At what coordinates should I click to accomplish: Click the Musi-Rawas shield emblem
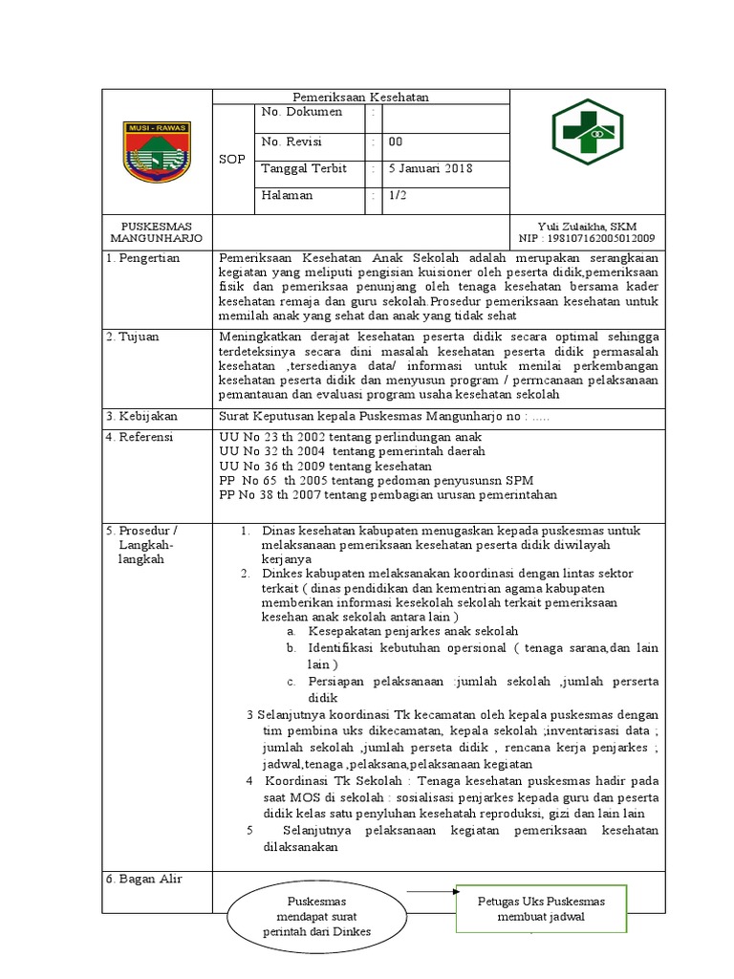[x=157, y=151]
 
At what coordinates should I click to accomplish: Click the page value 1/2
[x=396, y=195]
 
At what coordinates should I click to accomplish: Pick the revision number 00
[x=395, y=141]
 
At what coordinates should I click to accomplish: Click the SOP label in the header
[x=232, y=159]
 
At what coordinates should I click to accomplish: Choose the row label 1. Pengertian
[x=144, y=258]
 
